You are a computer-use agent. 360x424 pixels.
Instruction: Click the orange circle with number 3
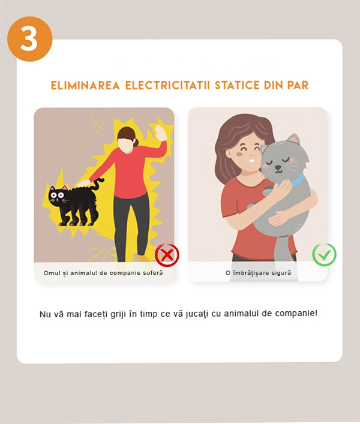[29, 38]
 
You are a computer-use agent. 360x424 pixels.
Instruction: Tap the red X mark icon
[167, 255]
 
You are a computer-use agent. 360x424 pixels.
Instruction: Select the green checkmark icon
[324, 255]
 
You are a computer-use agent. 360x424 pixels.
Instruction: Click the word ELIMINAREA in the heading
[85, 85]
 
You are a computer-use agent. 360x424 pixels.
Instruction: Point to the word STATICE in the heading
[237, 85]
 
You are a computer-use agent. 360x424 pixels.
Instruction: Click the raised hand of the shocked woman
[161, 133]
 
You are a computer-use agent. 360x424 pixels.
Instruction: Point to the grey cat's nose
[278, 168]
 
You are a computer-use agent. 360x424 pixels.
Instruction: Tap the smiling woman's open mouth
[251, 160]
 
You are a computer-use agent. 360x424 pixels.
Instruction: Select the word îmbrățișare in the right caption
[250, 273]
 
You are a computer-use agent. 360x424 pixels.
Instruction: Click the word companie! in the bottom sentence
[296, 314]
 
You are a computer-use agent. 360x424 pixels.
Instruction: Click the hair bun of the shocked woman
[136, 142]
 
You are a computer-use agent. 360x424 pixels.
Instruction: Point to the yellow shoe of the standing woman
[143, 258]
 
